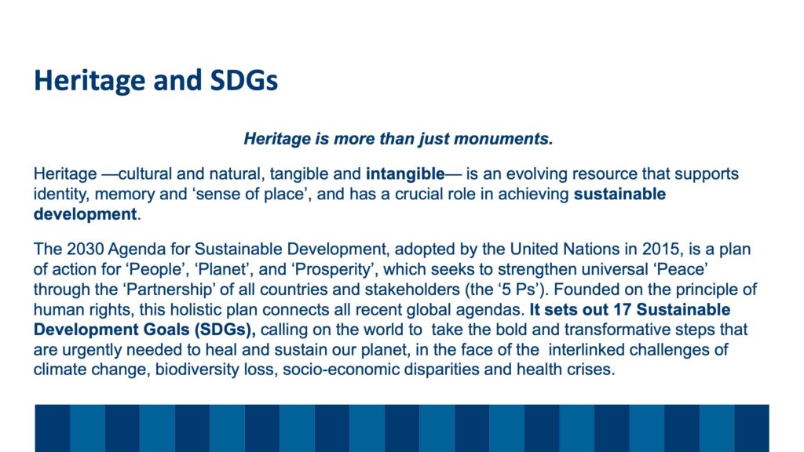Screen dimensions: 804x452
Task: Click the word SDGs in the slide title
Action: [x=244, y=81]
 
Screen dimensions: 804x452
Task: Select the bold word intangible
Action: [x=405, y=174]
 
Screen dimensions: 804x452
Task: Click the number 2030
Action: [x=85, y=250]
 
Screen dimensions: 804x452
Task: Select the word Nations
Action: [x=591, y=250]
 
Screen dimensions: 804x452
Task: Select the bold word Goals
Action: [x=166, y=330]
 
